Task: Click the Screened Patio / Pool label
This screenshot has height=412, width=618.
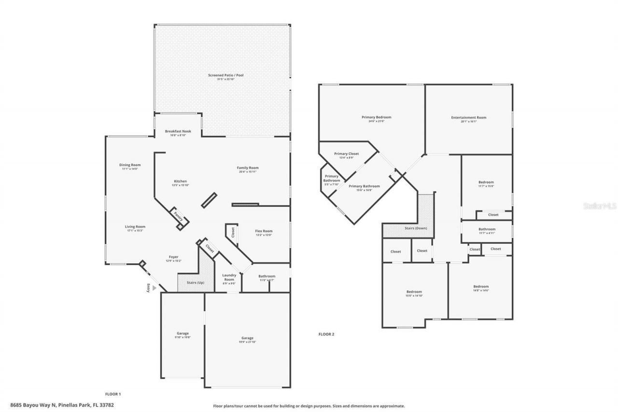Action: [223, 75]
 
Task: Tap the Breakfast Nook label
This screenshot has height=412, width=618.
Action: [178, 131]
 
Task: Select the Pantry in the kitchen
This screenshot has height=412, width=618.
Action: [178, 215]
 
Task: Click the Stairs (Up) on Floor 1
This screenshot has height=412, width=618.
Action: [191, 282]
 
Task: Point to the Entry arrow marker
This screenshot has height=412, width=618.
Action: [154, 287]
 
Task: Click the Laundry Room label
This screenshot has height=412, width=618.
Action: [229, 277]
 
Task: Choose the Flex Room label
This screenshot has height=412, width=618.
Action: [264, 231]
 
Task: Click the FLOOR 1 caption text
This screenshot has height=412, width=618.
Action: [113, 394]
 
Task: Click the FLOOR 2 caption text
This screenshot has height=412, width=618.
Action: [326, 334]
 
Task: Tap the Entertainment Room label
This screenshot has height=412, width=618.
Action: [468, 117]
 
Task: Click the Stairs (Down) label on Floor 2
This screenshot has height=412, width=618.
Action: [415, 228]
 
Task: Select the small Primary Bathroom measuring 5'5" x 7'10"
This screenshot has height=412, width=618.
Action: [331, 180]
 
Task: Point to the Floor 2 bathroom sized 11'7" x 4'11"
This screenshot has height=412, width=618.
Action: [487, 231]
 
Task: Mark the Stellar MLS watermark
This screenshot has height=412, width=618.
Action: [600, 205]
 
